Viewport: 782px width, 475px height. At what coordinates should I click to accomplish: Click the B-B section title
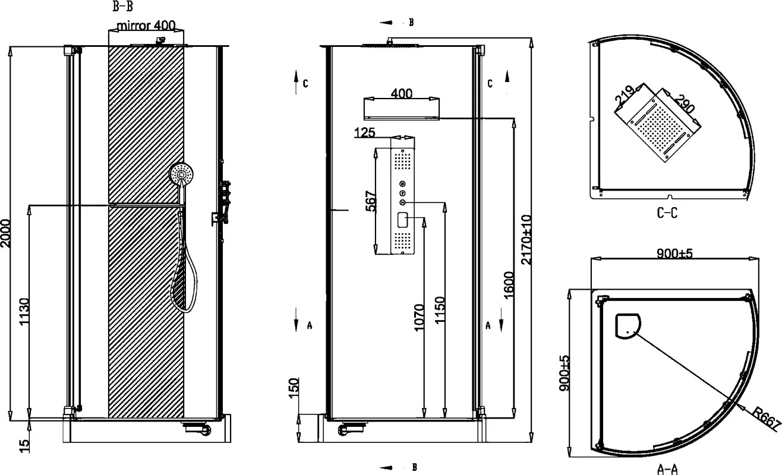pos(122,7)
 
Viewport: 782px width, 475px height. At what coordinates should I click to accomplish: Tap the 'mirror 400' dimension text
pos(146,26)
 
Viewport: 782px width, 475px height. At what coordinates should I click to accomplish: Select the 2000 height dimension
pos(5,233)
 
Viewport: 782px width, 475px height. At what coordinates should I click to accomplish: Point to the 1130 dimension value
pos(24,312)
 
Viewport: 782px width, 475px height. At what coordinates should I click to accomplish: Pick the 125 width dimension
pos(364,132)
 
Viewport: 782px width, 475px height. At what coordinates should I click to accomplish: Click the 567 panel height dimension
pos(371,201)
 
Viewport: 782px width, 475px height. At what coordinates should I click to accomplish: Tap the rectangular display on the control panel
pos(403,220)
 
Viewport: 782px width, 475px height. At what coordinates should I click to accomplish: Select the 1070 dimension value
pos(419,318)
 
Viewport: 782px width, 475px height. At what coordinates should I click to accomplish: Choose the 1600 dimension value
pos(509,285)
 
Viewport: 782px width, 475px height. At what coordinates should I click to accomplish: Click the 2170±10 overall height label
pos(526,240)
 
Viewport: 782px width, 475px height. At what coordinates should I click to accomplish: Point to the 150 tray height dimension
pos(294,388)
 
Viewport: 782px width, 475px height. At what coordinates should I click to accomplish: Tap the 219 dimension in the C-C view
pos(625,95)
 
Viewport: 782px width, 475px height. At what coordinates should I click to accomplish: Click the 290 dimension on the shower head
pos(685,103)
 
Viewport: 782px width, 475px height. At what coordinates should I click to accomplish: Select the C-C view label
pos(667,213)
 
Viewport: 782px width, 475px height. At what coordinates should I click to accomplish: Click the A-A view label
pos(667,470)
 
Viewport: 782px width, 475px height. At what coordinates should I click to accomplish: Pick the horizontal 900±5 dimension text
pos(674,253)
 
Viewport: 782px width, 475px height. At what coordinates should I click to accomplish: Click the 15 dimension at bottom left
pos(24,446)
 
